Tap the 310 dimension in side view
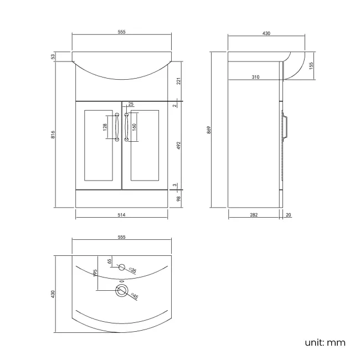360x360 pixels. tap(255, 77)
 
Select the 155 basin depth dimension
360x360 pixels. tap(312, 66)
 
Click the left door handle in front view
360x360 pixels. tap(117, 127)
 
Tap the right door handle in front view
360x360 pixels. tap(127, 127)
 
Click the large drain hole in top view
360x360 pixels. tap(122, 290)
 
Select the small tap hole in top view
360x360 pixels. tap(122, 267)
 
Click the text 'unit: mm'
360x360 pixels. tap(325, 342)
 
